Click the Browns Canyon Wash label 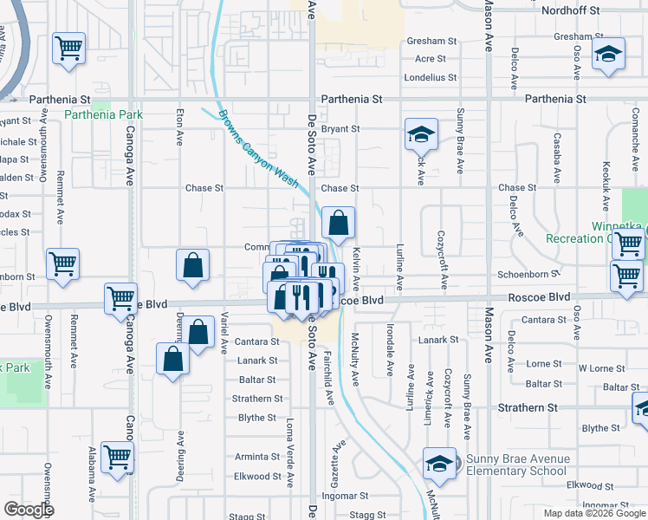[x=258, y=149]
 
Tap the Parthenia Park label [x=103, y=114]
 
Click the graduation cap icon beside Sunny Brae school [x=440, y=464]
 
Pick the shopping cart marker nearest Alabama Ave [x=117, y=457]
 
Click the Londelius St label [x=431, y=77]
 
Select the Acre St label [x=431, y=59]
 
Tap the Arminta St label [x=257, y=457]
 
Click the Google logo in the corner [x=29, y=510]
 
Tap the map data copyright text [x=593, y=513]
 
